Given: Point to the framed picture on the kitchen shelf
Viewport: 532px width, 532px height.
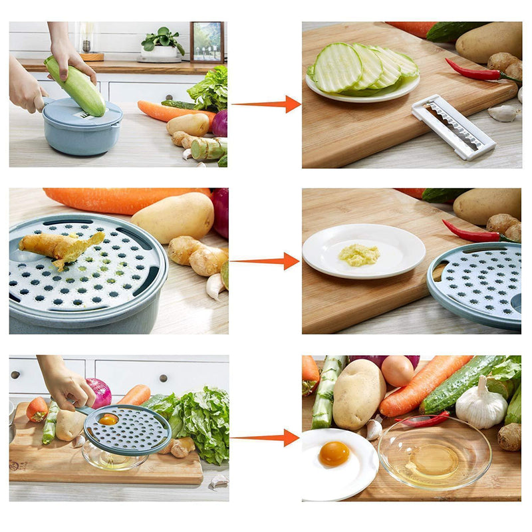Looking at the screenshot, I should coord(207,42).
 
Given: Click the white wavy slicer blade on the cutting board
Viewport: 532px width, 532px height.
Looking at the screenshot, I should coord(453,126).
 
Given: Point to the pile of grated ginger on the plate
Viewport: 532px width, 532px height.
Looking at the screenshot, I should coord(359,254).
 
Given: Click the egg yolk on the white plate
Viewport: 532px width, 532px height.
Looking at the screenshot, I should coord(334,454).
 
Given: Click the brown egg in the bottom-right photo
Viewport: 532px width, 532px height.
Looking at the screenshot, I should coord(398,370).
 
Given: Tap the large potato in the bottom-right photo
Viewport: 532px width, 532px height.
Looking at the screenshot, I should coord(358,394).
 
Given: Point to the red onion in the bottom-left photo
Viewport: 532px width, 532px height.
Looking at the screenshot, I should coord(98,392).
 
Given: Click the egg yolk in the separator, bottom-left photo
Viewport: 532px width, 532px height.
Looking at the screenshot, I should coord(108,419).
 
